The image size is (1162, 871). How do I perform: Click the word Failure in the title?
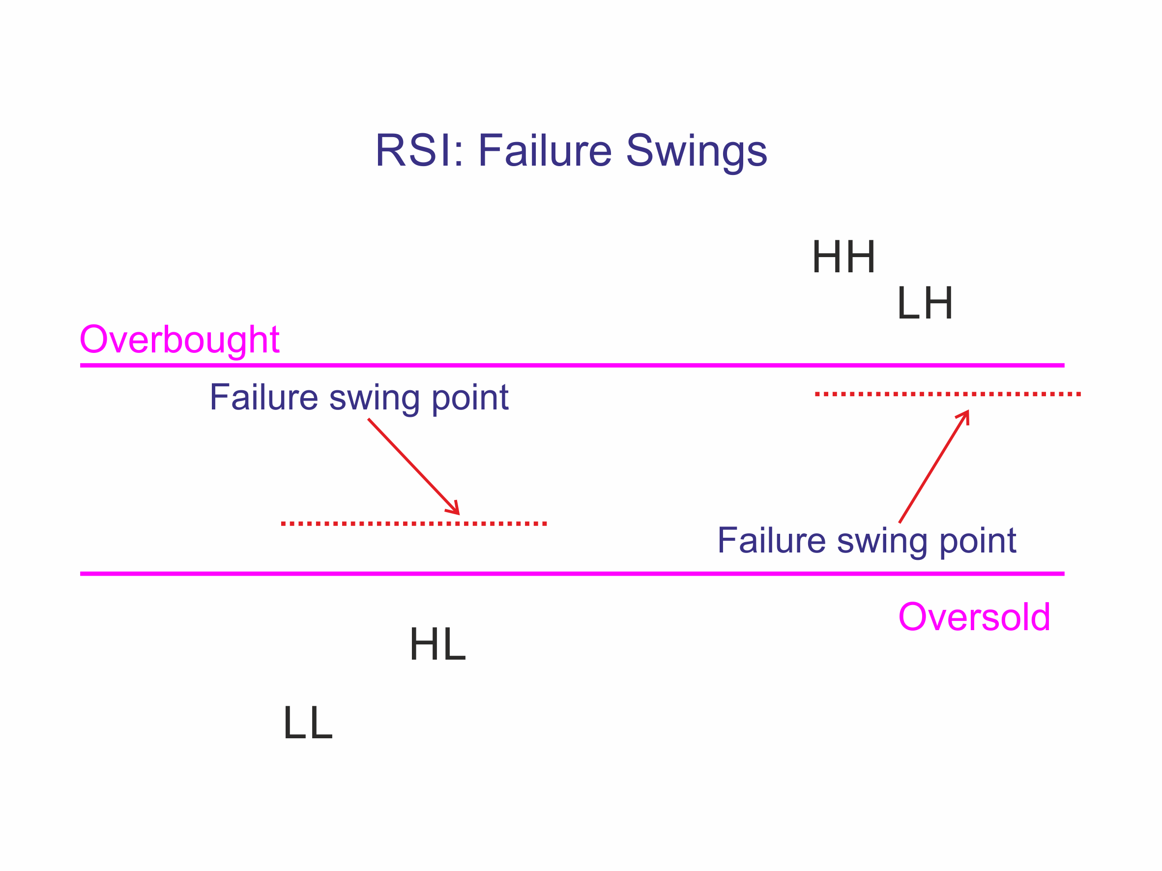click(x=544, y=151)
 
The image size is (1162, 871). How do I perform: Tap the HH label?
click(x=843, y=257)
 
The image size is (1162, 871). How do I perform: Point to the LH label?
click(x=925, y=303)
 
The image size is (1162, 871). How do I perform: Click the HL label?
click(x=437, y=644)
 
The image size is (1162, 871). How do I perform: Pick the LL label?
click(x=308, y=723)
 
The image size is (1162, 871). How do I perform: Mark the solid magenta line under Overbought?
click(x=525, y=365)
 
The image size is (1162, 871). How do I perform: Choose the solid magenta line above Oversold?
click(x=525, y=574)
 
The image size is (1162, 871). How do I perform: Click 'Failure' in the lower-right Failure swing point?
click(x=771, y=540)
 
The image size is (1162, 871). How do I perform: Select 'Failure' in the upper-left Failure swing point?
click(x=263, y=397)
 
